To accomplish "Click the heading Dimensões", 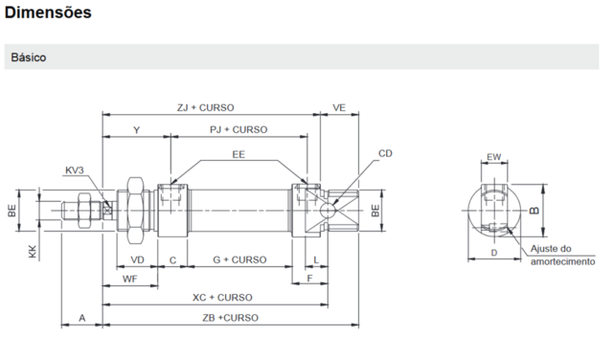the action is (x=48, y=12).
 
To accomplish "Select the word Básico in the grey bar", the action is (x=29, y=57).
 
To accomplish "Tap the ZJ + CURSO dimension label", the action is (x=206, y=107).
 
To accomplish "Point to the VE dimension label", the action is (x=339, y=107).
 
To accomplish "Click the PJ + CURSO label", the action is (x=238, y=129).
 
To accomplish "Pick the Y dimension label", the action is (x=136, y=130).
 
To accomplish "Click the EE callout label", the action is (x=238, y=154).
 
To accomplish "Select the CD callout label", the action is (x=385, y=153).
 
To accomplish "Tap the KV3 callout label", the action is (x=75, y=170).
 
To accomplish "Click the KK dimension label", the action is (x=33, y=252).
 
